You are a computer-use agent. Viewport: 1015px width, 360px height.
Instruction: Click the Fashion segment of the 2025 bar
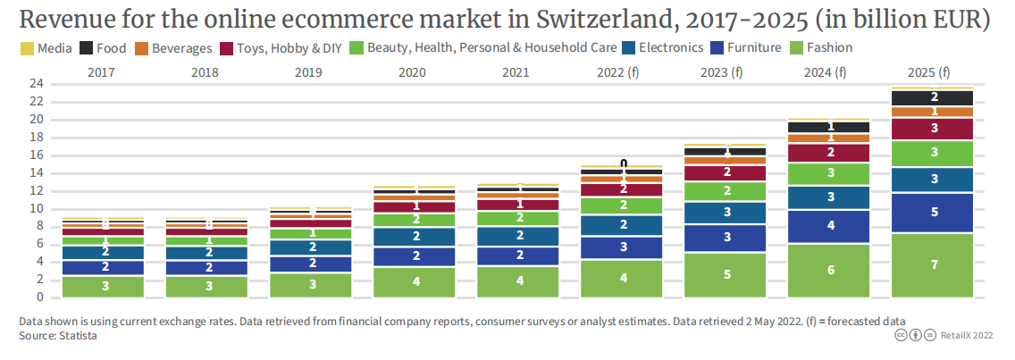click(x=934, y=265)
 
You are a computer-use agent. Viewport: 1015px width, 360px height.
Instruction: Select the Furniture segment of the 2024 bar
click(x=831, y=226)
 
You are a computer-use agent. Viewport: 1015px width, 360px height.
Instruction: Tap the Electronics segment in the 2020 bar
click(x=415, y=237)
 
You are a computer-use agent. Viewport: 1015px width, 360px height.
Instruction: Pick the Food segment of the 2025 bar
click(x=934, y=97)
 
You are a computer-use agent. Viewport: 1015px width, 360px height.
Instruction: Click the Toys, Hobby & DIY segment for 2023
click(x=727, y=172)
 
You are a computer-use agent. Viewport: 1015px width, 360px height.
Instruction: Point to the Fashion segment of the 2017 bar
click(x=105, y=286)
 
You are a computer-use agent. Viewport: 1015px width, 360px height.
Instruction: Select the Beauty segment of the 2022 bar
click(x=623, y=205)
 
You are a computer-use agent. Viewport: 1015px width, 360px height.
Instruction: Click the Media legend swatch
click(x=26, y=48)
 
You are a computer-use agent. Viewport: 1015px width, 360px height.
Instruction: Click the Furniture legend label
click(x=754, y=48)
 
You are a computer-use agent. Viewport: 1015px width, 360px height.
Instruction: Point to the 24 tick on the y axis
click(x=37, y=84)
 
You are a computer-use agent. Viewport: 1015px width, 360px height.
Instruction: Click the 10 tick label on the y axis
click(x=37, y=208)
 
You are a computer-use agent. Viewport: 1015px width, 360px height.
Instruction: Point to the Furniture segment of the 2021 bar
click(x=519, y=255)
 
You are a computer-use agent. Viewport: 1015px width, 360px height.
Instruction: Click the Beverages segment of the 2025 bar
click(x=934, y=112)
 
